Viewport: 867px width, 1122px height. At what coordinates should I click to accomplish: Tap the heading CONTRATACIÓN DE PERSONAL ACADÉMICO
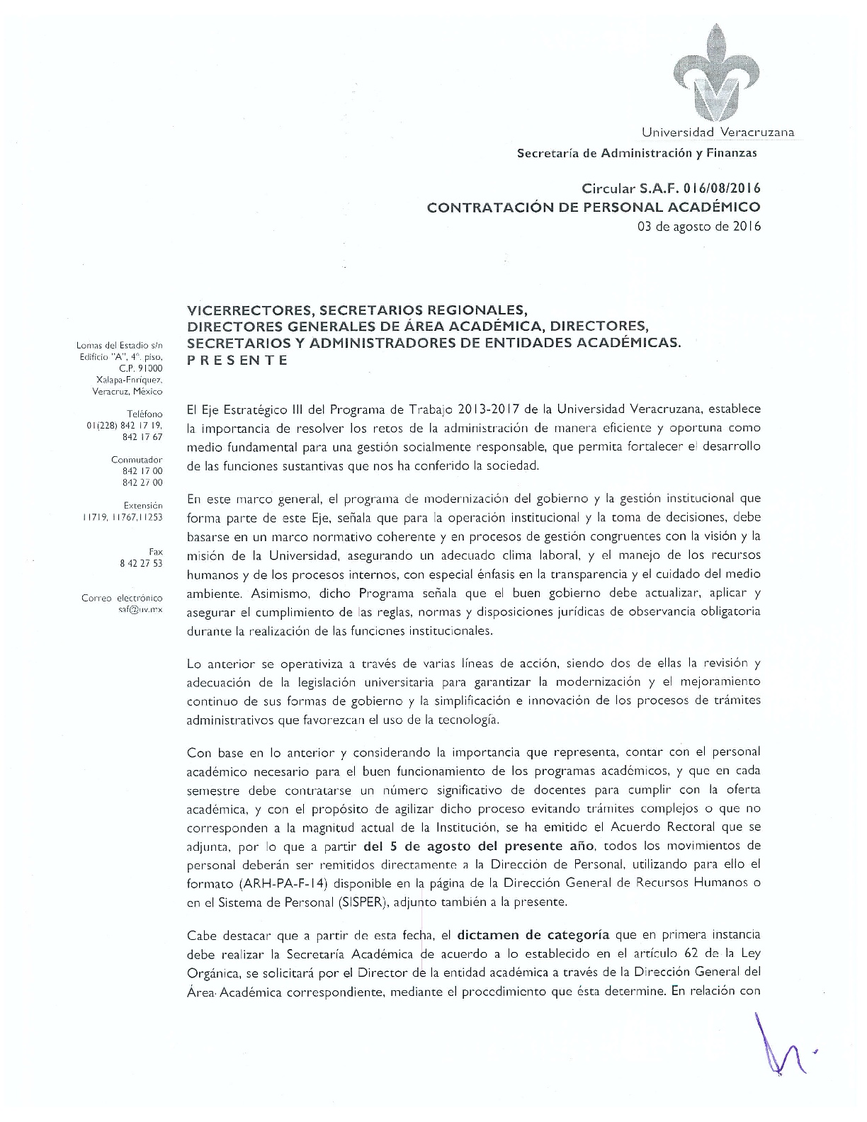coord(593,208)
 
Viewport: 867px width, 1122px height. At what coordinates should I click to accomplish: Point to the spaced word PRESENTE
coord(237,360)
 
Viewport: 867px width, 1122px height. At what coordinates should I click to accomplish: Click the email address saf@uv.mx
coord(141,609)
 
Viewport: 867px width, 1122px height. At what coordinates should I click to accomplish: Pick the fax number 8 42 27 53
coord(141,563)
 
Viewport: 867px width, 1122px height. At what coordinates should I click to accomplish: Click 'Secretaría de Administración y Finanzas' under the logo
coord(637,152)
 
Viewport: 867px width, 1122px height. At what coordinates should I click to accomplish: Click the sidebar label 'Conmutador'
coord(137,460)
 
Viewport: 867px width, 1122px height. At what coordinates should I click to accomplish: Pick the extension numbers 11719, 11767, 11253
coord(123,517)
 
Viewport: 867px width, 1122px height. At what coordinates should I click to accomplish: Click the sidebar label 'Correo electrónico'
coord(122,598)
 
